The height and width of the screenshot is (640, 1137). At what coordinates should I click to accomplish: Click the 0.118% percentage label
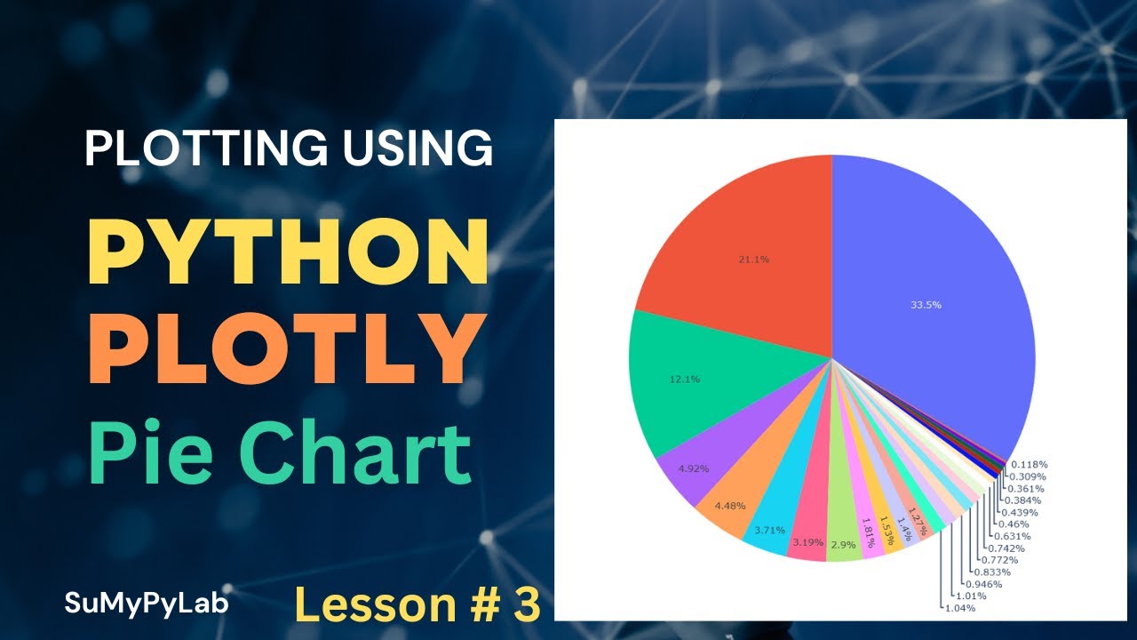tap(1030, 465)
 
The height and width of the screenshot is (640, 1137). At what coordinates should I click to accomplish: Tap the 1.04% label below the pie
tap(959, 608)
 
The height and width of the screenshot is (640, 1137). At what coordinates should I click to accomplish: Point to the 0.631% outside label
tap(1013, 536)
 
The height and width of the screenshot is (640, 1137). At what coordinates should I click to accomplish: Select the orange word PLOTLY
tap(280, 349)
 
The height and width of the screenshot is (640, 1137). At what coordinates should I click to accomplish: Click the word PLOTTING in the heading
tap(190, 148)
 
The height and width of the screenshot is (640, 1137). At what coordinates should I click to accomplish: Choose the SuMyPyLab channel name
tap(147, 604)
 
